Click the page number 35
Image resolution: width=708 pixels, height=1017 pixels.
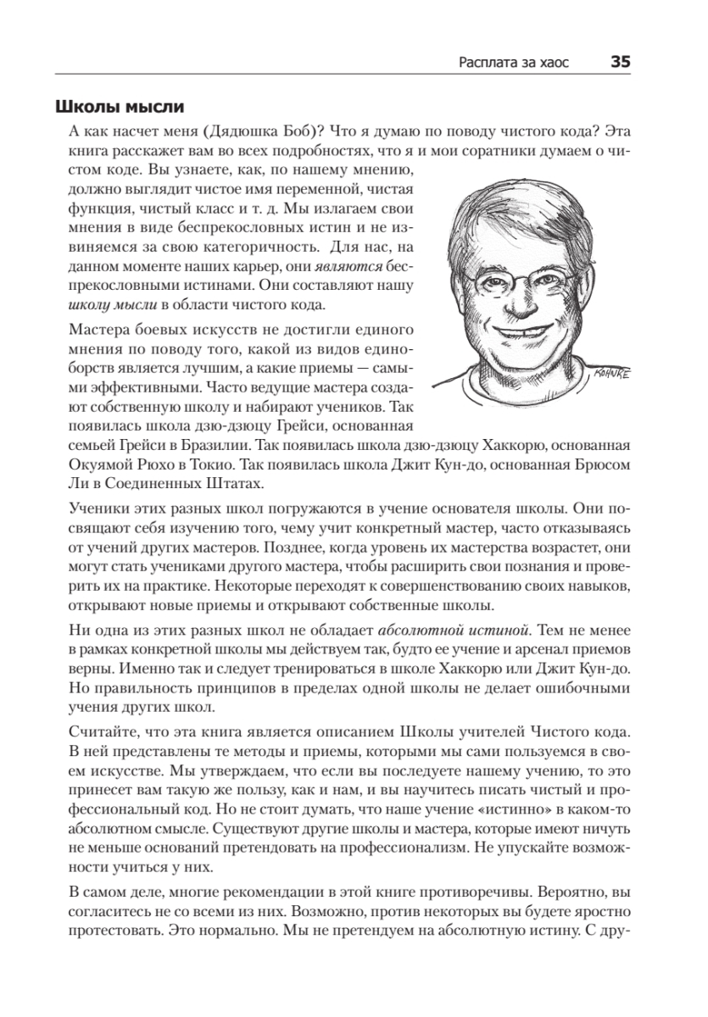[x=620, y=62]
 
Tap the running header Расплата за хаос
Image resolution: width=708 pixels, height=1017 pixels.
[x=514, y=63]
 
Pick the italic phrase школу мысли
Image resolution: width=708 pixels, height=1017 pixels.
[x=109, y=305]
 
